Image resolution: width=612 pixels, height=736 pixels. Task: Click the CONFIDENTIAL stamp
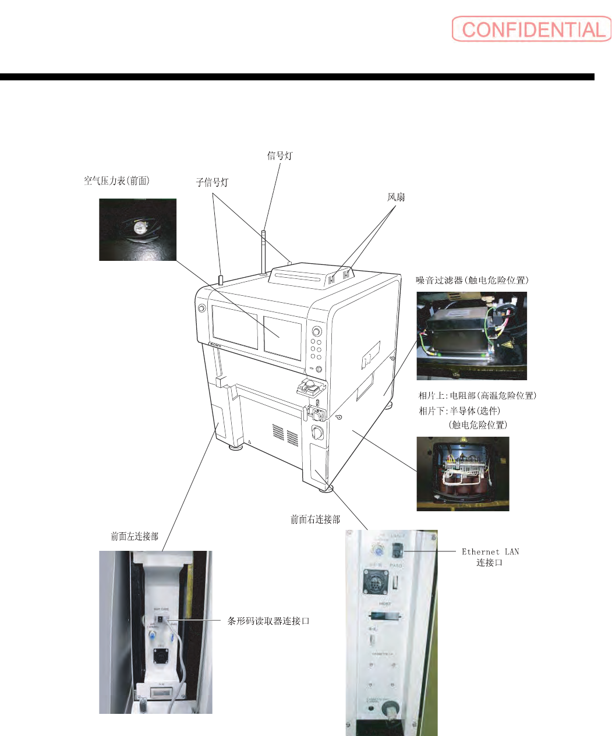click(531, 29)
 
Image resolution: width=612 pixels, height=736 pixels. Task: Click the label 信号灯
click(280, 155)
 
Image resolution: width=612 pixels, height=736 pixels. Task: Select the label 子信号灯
click(212, 183)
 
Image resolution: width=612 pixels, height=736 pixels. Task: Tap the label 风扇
click(396, 197)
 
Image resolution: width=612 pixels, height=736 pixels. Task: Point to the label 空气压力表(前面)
click(116, 181)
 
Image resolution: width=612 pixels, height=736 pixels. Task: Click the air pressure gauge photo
click(137, 229)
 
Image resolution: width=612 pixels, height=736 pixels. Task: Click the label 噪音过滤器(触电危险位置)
click(472, 280)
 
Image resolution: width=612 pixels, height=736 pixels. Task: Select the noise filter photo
click(472, 335)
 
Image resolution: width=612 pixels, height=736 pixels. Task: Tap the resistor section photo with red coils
click(463, 474)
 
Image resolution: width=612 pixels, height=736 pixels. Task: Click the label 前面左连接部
click(135, 536)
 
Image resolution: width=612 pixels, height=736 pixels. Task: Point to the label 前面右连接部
click(315, 519)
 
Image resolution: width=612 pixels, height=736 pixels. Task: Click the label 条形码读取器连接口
click(268, 621)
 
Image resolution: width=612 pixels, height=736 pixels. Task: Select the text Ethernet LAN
click(490, 551)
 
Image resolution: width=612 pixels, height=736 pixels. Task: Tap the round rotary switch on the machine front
click(318, 433)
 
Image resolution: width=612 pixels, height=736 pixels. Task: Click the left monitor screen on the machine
click(235, 327)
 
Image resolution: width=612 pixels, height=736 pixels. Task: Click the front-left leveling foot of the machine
click(236, 447)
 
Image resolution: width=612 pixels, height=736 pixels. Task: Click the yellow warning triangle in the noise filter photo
click(507, 345)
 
